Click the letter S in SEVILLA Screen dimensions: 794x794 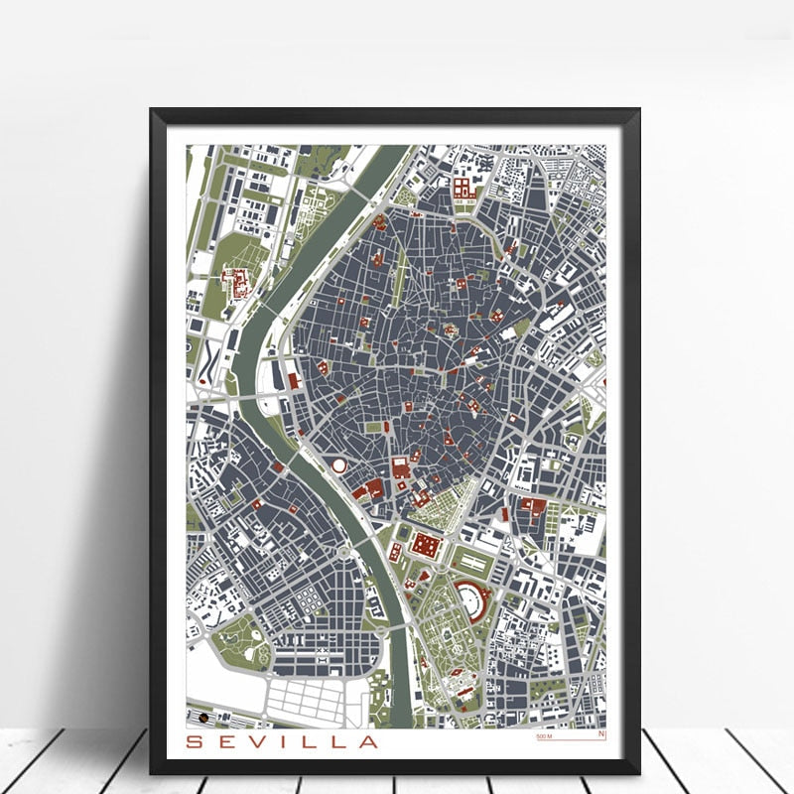(194, 741)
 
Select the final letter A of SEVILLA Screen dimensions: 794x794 (368, 741)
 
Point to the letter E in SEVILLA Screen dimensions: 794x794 (227, 741)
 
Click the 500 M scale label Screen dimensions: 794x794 (543, 736)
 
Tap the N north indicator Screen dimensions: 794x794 (600, 734)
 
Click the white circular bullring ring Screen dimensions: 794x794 (339, 465)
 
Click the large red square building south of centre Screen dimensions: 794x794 (426, 545)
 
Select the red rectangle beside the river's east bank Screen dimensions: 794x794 (293, 379)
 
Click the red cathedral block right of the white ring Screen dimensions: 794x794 (400, 467)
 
